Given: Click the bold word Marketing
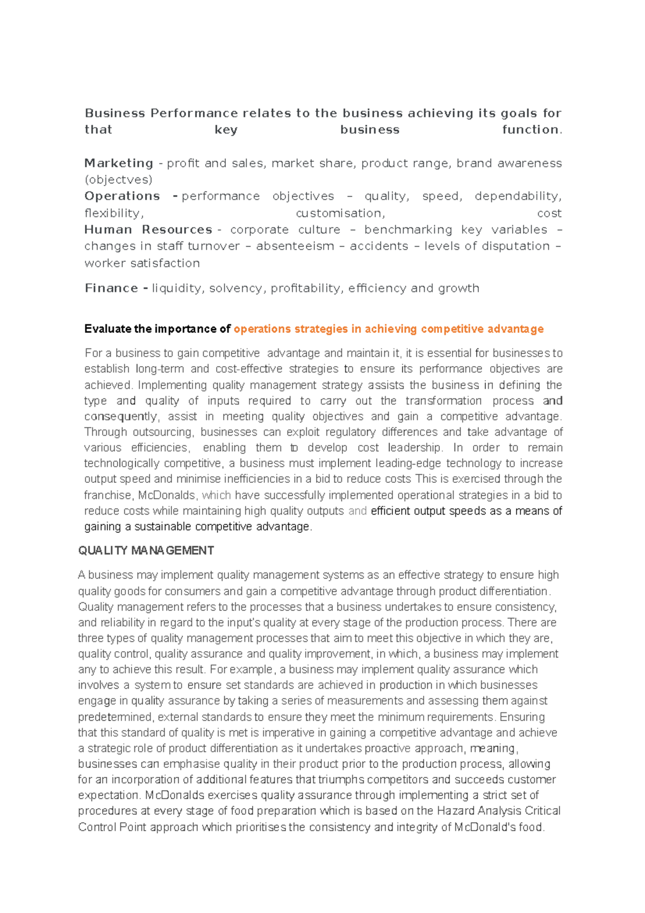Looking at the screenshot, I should coord(119,163).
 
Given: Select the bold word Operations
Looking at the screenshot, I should coord(122,196).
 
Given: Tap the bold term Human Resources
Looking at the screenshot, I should coord(148,230).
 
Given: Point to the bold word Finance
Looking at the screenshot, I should coord(111,288).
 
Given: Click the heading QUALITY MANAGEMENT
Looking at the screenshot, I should coord(146,551).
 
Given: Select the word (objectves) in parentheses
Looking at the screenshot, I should coord(118,180).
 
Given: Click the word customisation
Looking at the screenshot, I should coord(340,213).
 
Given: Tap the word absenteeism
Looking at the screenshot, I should coord(295,246).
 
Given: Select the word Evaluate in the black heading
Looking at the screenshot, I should coord(107,329).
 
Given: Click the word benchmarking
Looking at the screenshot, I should coord(408,230).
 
